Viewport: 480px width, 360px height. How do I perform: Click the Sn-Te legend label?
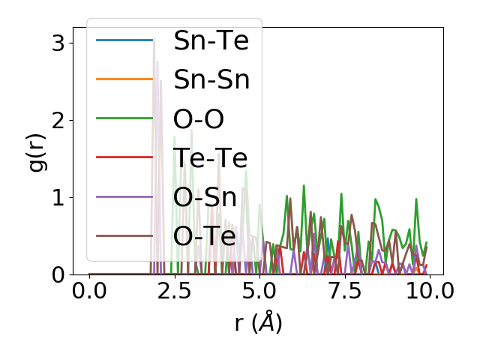211,40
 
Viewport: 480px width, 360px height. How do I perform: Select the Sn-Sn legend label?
211,79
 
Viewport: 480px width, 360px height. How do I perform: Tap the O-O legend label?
199,118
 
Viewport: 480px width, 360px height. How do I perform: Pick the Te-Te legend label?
210,157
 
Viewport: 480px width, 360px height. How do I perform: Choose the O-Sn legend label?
205,196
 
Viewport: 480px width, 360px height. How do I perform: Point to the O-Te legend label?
204,235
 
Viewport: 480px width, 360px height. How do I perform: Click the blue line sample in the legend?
124,40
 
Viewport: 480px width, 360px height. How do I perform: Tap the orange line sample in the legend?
124,79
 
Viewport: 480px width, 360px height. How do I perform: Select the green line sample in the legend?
124,118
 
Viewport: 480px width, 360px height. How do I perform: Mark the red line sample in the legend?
124,157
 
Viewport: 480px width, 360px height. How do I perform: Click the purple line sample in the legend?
124,196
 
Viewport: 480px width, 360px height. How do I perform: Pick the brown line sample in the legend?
124,235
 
